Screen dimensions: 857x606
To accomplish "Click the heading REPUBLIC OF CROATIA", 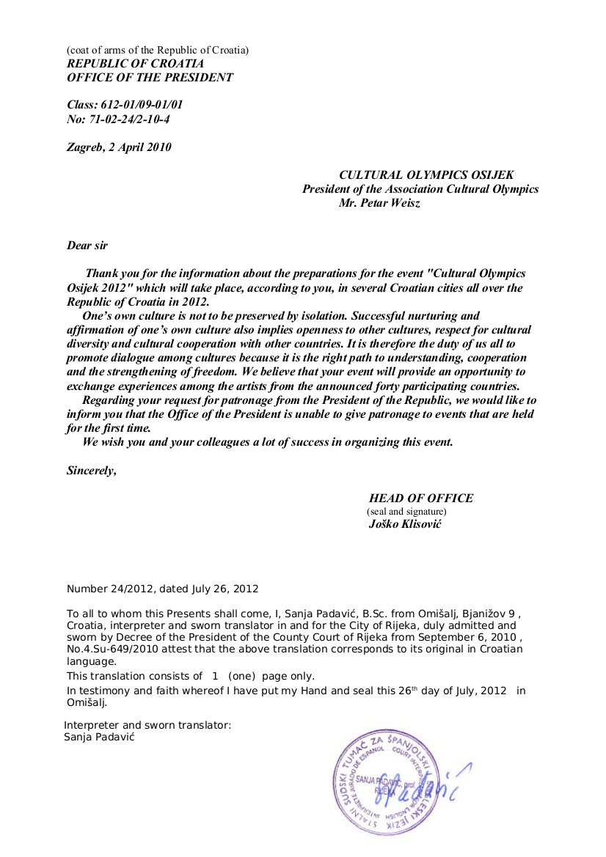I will pyautogui.click(x=136, y=64).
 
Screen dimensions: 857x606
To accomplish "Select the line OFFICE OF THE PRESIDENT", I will pyautogui.click(x=150, y=78).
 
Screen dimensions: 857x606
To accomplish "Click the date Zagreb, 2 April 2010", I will pyautogui.click(x=119, y=147).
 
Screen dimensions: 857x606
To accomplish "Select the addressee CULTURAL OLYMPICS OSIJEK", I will pyautogui.click(x=426, y=175).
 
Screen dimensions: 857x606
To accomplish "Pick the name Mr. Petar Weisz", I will pyautogui.click(x=379, y=202).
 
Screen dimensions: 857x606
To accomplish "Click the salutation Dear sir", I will pyautogui.click(x=87, y=246).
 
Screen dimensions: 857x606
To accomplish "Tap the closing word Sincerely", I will pyautogui.click(x=91, y=471).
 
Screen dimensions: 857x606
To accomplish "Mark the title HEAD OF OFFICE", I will pyautogui.click(x=421, y=499).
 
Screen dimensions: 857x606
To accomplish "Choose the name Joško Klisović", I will pyautogui.click(x=405, y=525).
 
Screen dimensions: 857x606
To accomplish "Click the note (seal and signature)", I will pyautogui.click(x=406, y=512).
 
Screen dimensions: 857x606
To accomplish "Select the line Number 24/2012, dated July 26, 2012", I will pyautogui.click(x=163, y=589).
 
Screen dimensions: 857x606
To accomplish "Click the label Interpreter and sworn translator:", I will pyautogui.click(x=147, y=725).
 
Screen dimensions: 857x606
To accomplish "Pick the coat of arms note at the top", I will pyautogui.click(x=158, y=50).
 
